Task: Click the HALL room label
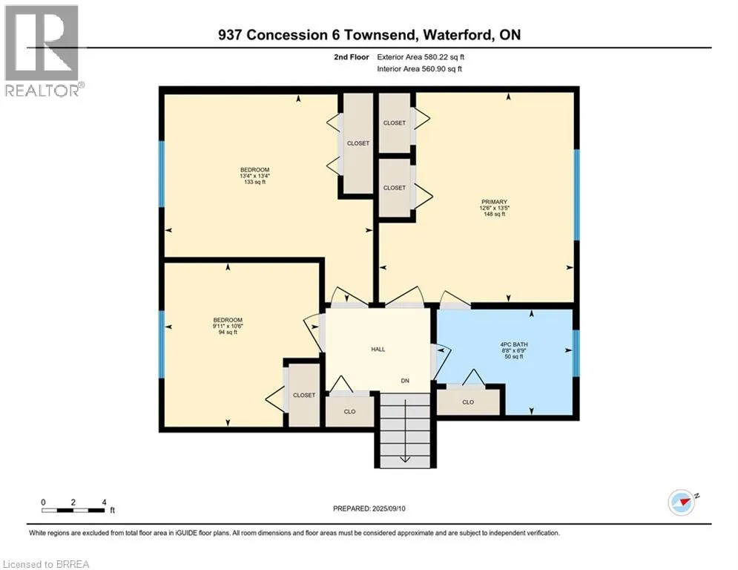pyautogui.click(x=378, y=350)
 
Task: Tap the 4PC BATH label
pyautogui.click(x=514, y=344)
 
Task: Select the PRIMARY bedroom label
pyautogui.click(x=494, y=202)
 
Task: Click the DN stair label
pyautogui.click(x=405, y=381)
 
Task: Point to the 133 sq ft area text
pyautogui.click(x=254, y=183)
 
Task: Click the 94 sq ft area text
pyautogui.click(x=228, y=332)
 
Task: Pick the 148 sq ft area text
pyautogui.click(x=494, y=214)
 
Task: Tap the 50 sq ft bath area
pyautogui.click(x=514, y=356)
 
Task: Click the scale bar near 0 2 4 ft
pyautogui.click(x=73, y=510)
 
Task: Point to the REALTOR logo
pyautogui.click(x=43, y=51)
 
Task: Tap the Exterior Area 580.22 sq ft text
pyautogui.click(x=421, y=57)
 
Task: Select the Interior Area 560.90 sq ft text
pyautogui.click(x=419, y=69)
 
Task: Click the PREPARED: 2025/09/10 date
pyautogui.click(x=369, y=508)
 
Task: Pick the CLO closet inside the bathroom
pyautogui.click(x=468, y=402)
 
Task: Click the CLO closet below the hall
pyautogui.click(x=349, y=411)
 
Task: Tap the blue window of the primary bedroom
pyautogui.click(x=576, y=195)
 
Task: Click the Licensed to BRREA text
pyautogui.click(x=46, y=564)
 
